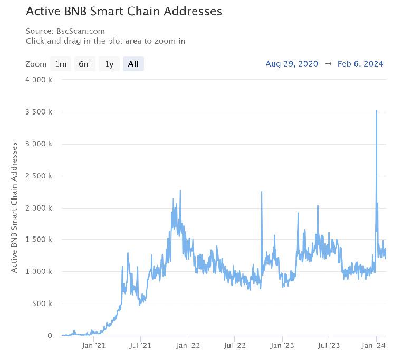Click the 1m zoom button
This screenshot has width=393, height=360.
(61, 64)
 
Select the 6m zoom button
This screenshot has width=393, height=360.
(84, 64)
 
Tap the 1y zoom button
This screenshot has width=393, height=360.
(109, 64)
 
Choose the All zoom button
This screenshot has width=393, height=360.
(133, 64)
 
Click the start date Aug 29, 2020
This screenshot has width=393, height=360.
(292, 64)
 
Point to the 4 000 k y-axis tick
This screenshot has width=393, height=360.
(39, 80)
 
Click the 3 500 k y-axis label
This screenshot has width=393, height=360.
(39, 112)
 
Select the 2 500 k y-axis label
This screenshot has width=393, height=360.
(39, 176)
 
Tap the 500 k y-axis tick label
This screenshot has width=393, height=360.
(42, 304)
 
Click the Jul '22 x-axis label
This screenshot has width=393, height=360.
(235, 346)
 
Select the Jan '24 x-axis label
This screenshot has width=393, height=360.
(376, 346)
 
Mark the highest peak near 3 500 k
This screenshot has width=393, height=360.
(376, 111)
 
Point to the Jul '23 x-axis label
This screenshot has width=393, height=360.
(329, 346)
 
